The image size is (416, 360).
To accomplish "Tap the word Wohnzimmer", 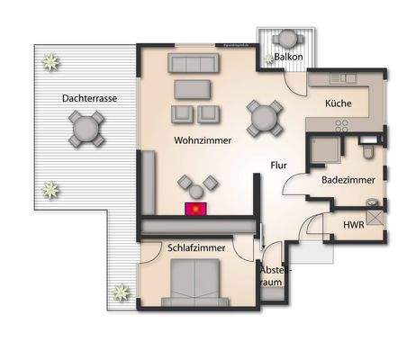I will pos(203,141).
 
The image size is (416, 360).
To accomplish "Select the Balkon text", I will pos(288,58).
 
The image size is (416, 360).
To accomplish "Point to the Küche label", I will pos(339,103).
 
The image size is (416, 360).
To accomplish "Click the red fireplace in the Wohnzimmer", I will pos(195,210).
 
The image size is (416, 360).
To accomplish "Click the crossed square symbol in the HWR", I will pos(374,216).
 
